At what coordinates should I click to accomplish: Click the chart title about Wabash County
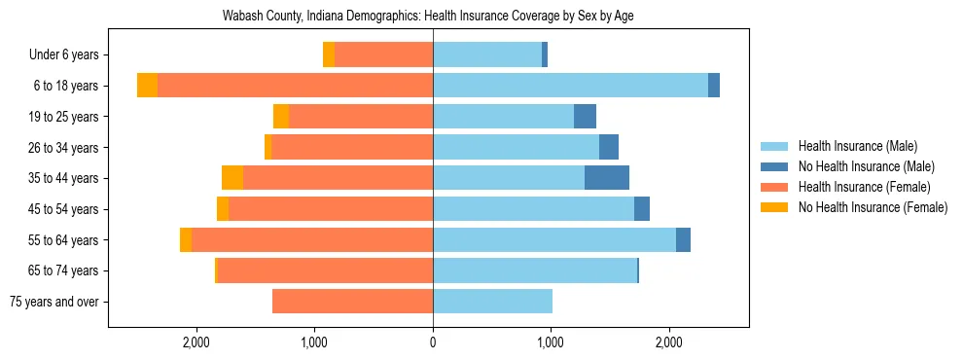tap(435, 17)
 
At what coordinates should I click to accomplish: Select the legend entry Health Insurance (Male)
tap(857, 146)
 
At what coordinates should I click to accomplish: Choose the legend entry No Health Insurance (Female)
tap(873, 207)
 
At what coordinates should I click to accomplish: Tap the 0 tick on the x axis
tap(433, 342)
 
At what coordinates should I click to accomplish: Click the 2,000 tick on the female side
tap(196, 342)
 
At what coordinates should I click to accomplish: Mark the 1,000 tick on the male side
tap(551, 342)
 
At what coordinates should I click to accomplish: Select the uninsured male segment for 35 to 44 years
tap(607, 178)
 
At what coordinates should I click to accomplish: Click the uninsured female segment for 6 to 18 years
tap(147, 86)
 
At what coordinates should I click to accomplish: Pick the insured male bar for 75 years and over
tap(492, 302)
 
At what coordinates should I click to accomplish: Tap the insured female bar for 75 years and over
tap(352, 302)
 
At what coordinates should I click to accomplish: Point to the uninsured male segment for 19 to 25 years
tap(585, 117)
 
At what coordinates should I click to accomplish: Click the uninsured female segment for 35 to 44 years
tap(232, 178)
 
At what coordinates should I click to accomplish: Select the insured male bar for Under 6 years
tap(487, 55)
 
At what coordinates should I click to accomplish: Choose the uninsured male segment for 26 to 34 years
tap(609, 147)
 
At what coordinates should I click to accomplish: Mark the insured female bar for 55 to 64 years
tap(312, 239)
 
